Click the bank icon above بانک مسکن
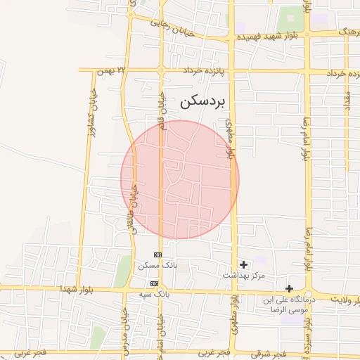pyautogui.click(x=157, y=255)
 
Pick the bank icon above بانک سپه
pyautogui.click(x=155, y=283)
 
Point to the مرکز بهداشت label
pyautogui.click(x=244, y=275)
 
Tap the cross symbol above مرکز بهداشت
pyautogui.click(x=244, y=265)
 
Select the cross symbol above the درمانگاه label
pyautogui.click(x=289, y=288)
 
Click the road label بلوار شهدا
pyautogui.click(x=77, y=289)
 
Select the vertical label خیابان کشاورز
pyautogui.click(x=91, y=112)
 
